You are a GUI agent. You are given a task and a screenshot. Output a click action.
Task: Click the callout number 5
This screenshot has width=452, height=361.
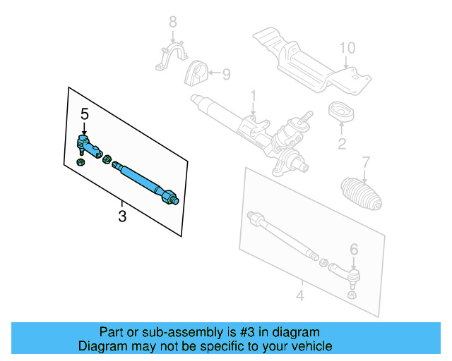[x=85, y=114]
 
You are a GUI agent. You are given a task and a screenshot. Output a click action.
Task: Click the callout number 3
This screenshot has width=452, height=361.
[x=122, y=216]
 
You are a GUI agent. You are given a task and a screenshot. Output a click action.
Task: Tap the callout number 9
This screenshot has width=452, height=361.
[x=226, y=73]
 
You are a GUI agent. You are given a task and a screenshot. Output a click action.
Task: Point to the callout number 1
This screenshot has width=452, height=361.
[x=252, y=94]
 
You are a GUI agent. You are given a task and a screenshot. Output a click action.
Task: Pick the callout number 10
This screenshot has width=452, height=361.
[x=346, y=48]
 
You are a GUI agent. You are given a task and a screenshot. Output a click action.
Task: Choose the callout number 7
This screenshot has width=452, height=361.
[x=365, y=161]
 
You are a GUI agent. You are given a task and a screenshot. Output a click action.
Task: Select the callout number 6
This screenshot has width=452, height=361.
[x=354, y=249]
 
